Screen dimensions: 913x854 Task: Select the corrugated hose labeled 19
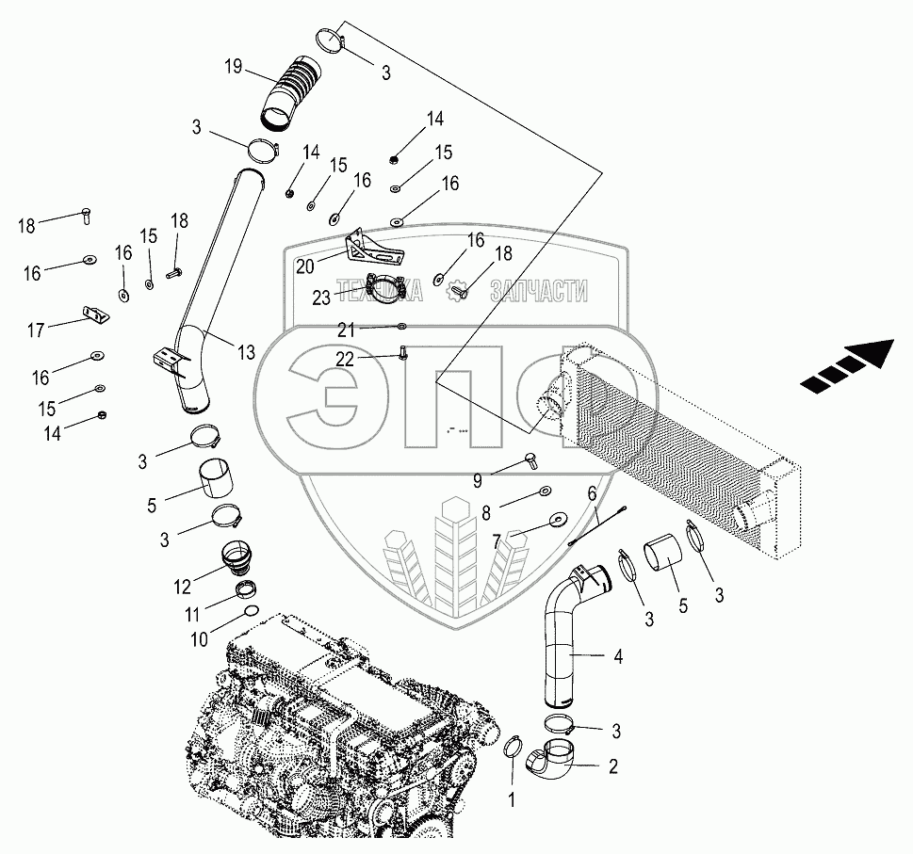291,92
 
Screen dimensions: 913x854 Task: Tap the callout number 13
246,353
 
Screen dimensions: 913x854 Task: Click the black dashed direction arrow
846,366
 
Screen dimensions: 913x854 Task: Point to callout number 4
618,656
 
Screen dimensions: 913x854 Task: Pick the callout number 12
182,586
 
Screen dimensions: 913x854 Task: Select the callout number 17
36,330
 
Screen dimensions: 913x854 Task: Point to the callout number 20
304,266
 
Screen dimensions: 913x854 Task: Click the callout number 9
478,480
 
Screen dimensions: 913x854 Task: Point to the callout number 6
592,492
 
